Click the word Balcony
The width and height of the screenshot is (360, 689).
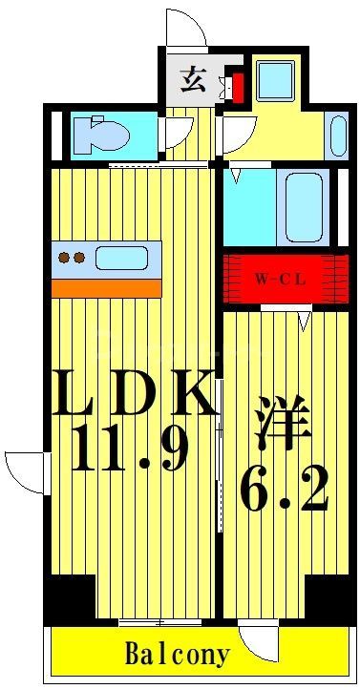[x=178, y=656]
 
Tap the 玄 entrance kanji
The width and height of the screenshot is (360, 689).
[x=191, y=80]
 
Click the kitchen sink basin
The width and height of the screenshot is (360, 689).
[x=120, y=258]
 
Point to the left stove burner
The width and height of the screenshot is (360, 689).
[x=65, y=257]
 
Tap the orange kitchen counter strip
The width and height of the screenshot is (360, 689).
[x=106, y=287]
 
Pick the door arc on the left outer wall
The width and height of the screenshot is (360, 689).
[x=23, y=471]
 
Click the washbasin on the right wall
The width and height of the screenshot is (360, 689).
[x=337, y=134]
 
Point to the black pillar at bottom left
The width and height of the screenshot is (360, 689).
[x=68, y=597]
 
